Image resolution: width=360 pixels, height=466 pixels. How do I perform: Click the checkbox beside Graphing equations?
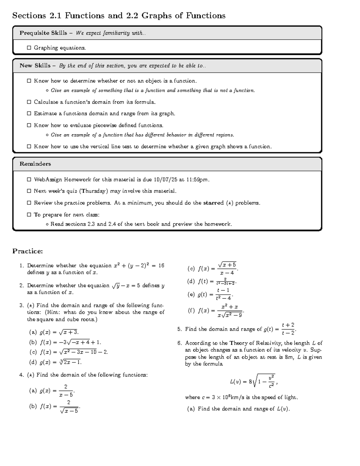pyautogui.click(x=29, y=48)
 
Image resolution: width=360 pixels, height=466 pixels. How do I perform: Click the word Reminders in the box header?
pyautogui.click(x=35, y=164)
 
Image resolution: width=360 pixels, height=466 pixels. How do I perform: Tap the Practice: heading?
pyautogui.click(x=28, y=251)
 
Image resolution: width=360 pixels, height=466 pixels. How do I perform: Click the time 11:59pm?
pyautogui.click(x=197, y=180)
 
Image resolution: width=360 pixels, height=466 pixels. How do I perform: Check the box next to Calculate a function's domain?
pyautogui.click(x=29, y=102)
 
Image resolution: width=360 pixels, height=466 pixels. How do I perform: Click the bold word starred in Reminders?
pyautogui.click(x=213, y=203)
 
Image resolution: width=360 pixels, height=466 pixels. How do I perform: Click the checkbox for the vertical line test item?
pyautogui.click(x=29, y=147)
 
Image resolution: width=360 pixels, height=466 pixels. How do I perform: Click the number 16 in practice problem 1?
pyautogui.click(x=161, y=266)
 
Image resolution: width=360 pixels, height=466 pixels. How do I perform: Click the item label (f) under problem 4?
pyautogui.click(x=191, y=311)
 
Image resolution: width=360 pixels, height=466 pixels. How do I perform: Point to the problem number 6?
pyautogui.click(x=179, y=343)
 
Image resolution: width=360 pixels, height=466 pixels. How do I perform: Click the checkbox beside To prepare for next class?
pyautogui.click(x=29, y=215)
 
